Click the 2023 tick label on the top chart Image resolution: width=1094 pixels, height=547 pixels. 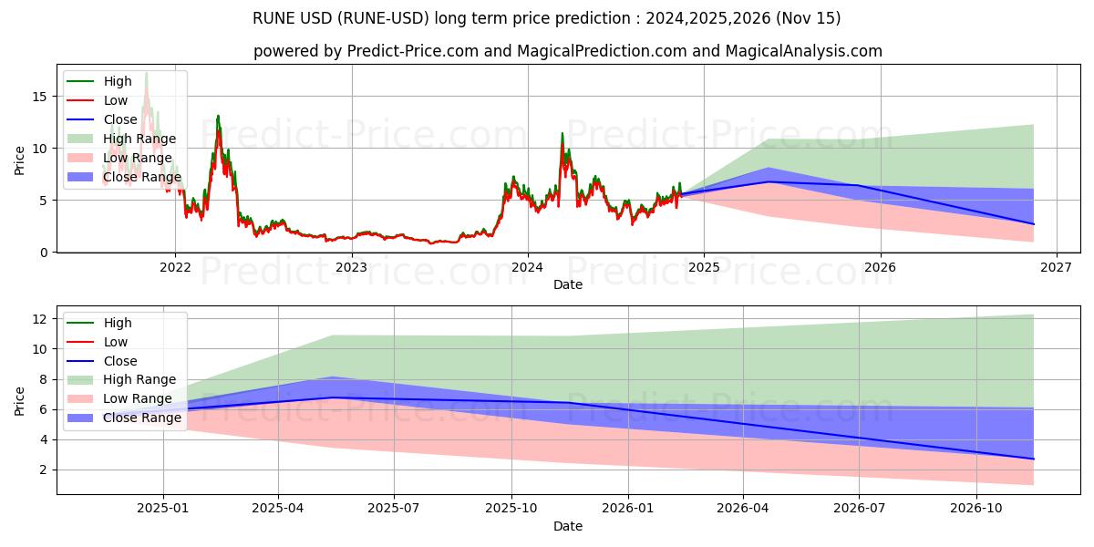[x=351, y=268]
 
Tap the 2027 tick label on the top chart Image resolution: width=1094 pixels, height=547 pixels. [x=1056, y=268]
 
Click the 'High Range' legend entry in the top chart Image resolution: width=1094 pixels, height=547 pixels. [x=139, y=139]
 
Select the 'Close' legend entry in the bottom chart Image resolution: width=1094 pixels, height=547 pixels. [x=120, y=361]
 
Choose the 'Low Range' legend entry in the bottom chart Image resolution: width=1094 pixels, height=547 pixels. [x=137, y=399]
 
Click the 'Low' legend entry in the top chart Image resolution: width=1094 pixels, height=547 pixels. [x=116, y=100]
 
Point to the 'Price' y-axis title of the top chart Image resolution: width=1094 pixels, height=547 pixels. [x=20, y=161]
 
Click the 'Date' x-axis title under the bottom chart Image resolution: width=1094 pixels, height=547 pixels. [x=567, y=527]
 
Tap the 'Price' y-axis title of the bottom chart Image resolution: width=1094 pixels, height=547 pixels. [x=20, y=400]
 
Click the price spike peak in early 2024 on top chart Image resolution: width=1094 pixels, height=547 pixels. [x=562, y=134]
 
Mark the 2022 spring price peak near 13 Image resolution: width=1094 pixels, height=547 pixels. [x=218, y=116]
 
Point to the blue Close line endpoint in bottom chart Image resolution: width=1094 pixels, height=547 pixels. [x=1033, y=459]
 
